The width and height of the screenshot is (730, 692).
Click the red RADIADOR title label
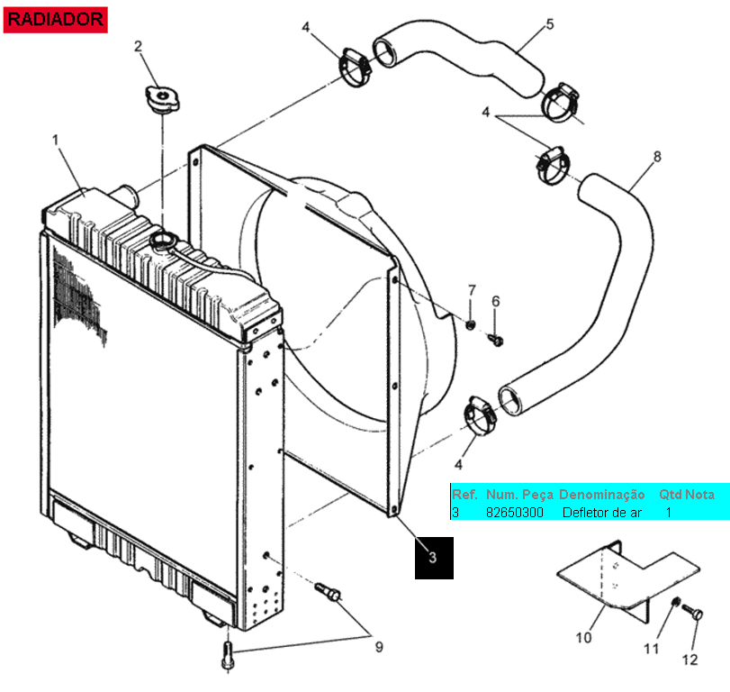click(56, 20)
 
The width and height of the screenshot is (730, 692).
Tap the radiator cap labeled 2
click(162, 99)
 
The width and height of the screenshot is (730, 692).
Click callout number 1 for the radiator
click(56, 140)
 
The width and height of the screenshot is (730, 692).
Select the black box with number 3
click(434, 558)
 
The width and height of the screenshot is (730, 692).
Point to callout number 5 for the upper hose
click(550, 24)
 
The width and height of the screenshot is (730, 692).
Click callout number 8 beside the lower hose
click(657, 157)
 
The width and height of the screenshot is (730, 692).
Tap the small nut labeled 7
click(471, 324)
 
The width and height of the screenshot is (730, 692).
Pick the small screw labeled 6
click(495, 340)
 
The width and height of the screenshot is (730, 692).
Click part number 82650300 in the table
click(515, 513)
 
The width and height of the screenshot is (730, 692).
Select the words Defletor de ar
click(601, 513)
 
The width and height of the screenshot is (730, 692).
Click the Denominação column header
click(601, 495)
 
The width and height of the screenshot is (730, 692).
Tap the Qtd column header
click(670, 495)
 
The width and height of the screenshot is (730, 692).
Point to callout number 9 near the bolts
click(379, 647)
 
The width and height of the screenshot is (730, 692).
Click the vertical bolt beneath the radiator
click(228, 656)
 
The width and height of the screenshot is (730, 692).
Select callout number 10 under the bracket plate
click(583, 637)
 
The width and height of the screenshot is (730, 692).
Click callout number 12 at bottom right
click(689, 660)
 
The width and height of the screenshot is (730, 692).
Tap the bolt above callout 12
click(693, 612)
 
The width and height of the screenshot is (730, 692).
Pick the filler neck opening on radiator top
click(163, 241)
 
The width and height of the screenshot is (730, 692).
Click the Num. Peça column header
click(519, 495)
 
